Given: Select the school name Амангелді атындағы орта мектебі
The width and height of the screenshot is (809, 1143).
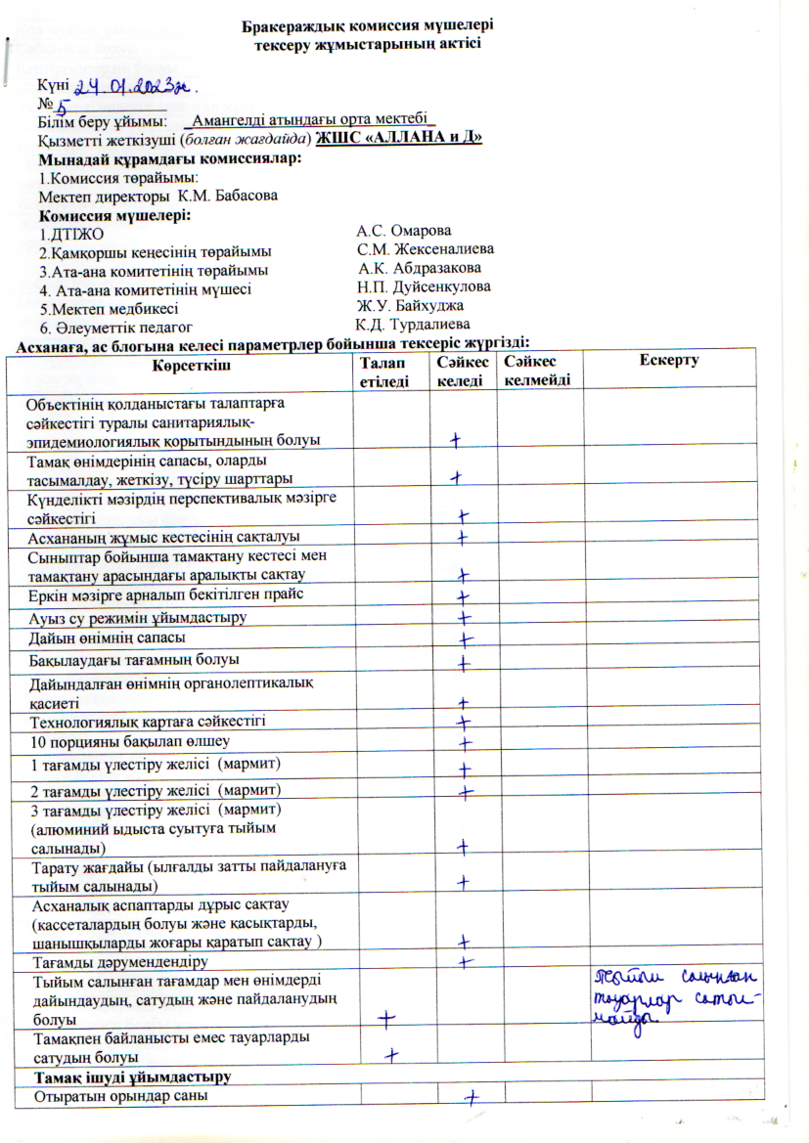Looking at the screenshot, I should tap(313, 120).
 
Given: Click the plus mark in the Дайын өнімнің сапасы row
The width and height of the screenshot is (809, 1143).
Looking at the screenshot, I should tap(466, 639).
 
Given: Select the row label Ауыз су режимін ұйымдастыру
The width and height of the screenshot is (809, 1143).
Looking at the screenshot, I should tap(137, 618).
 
